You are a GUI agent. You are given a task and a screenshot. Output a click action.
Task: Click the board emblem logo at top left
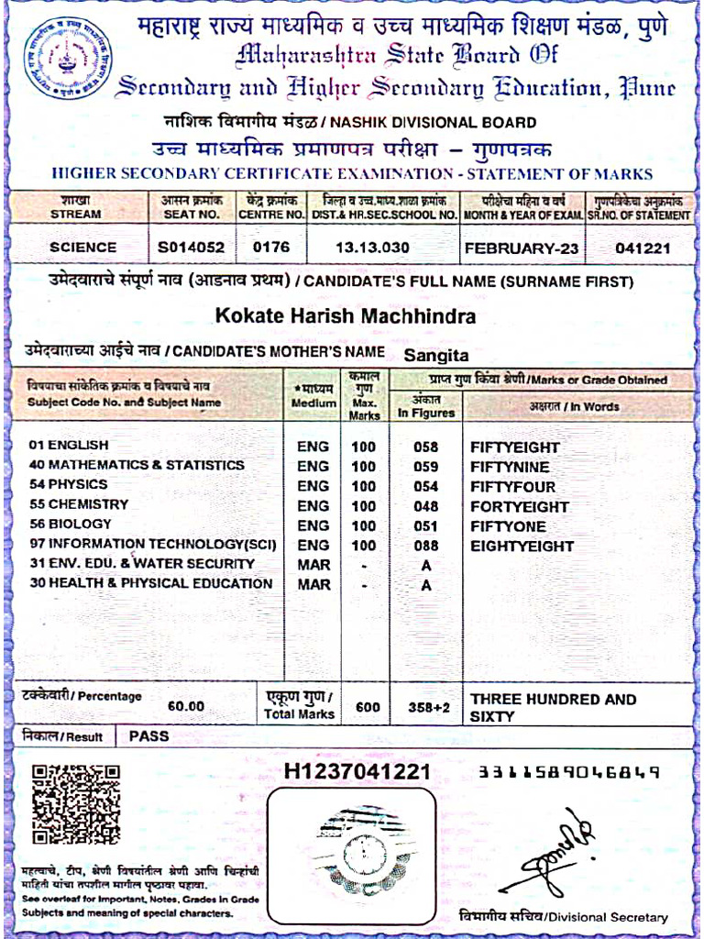pyautogui.click(x=67, y=61)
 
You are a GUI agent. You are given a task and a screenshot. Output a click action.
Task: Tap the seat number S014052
pyautogui.click(x=192, y=247)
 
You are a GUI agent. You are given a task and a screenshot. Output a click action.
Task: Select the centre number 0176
pyautogui.click(x=270, y=247)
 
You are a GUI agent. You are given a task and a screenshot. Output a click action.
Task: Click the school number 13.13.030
pyautogui.click(x=382, y=247)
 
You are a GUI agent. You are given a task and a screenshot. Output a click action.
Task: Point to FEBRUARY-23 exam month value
pyautogui.click(x=522, y=247)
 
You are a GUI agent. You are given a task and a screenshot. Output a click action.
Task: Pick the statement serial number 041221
pyautogui.click(x=643, y=247)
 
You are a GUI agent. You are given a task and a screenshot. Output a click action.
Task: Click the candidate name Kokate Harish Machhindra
pyautogui.click(x=346, y=316)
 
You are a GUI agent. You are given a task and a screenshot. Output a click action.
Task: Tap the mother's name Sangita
pyautogui.click(x=436, y=354)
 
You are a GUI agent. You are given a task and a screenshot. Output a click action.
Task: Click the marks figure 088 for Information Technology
pyautogui.click(x=425, y=547)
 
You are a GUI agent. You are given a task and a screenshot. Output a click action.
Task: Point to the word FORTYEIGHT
pyautogui.click(x=520, y=506)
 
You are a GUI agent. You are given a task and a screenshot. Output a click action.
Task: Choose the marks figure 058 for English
pyautogui.click(x=425, y=447)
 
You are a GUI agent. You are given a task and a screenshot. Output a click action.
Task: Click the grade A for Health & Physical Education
pyautogui.click(x=425, y=585)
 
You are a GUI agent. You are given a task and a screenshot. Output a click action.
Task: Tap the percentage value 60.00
pyautogui.click(x=186, y=707)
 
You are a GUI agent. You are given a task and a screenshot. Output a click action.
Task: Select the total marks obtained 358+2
pyautogui.click(x=425, y=707)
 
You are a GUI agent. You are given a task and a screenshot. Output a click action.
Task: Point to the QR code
pyautogui.click(x=76, y=805)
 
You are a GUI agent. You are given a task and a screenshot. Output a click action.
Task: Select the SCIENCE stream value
pyautogui.click(x=82, y=247)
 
